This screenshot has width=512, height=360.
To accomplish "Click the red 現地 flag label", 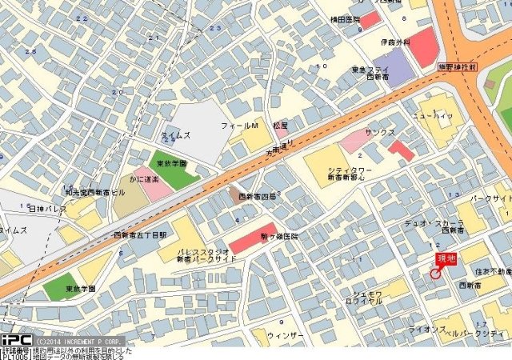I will (x=446, y=258).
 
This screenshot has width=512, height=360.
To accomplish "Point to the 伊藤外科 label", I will (x=395, y=42).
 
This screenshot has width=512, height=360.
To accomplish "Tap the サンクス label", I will (x=380, y=132).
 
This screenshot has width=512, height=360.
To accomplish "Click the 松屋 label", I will (x=279, y=126).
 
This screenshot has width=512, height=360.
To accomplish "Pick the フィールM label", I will (x=240, y=127).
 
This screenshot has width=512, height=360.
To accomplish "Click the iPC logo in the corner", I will (x=15, y=339).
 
